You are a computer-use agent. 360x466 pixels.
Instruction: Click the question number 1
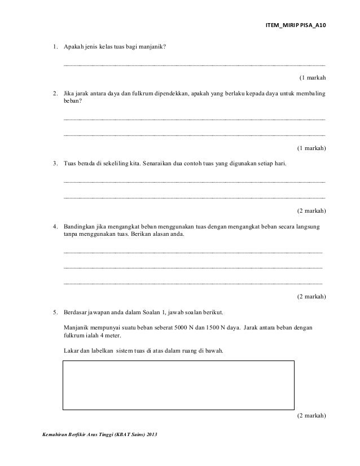(x=55, y=46)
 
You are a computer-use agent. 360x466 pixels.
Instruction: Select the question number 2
(x=55, y=92)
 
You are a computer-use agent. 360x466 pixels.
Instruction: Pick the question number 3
(x=55, y=164)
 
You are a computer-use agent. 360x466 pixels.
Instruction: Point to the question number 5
(x=55, y=312)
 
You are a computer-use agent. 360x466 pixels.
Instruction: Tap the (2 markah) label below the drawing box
(x=311, y=416)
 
